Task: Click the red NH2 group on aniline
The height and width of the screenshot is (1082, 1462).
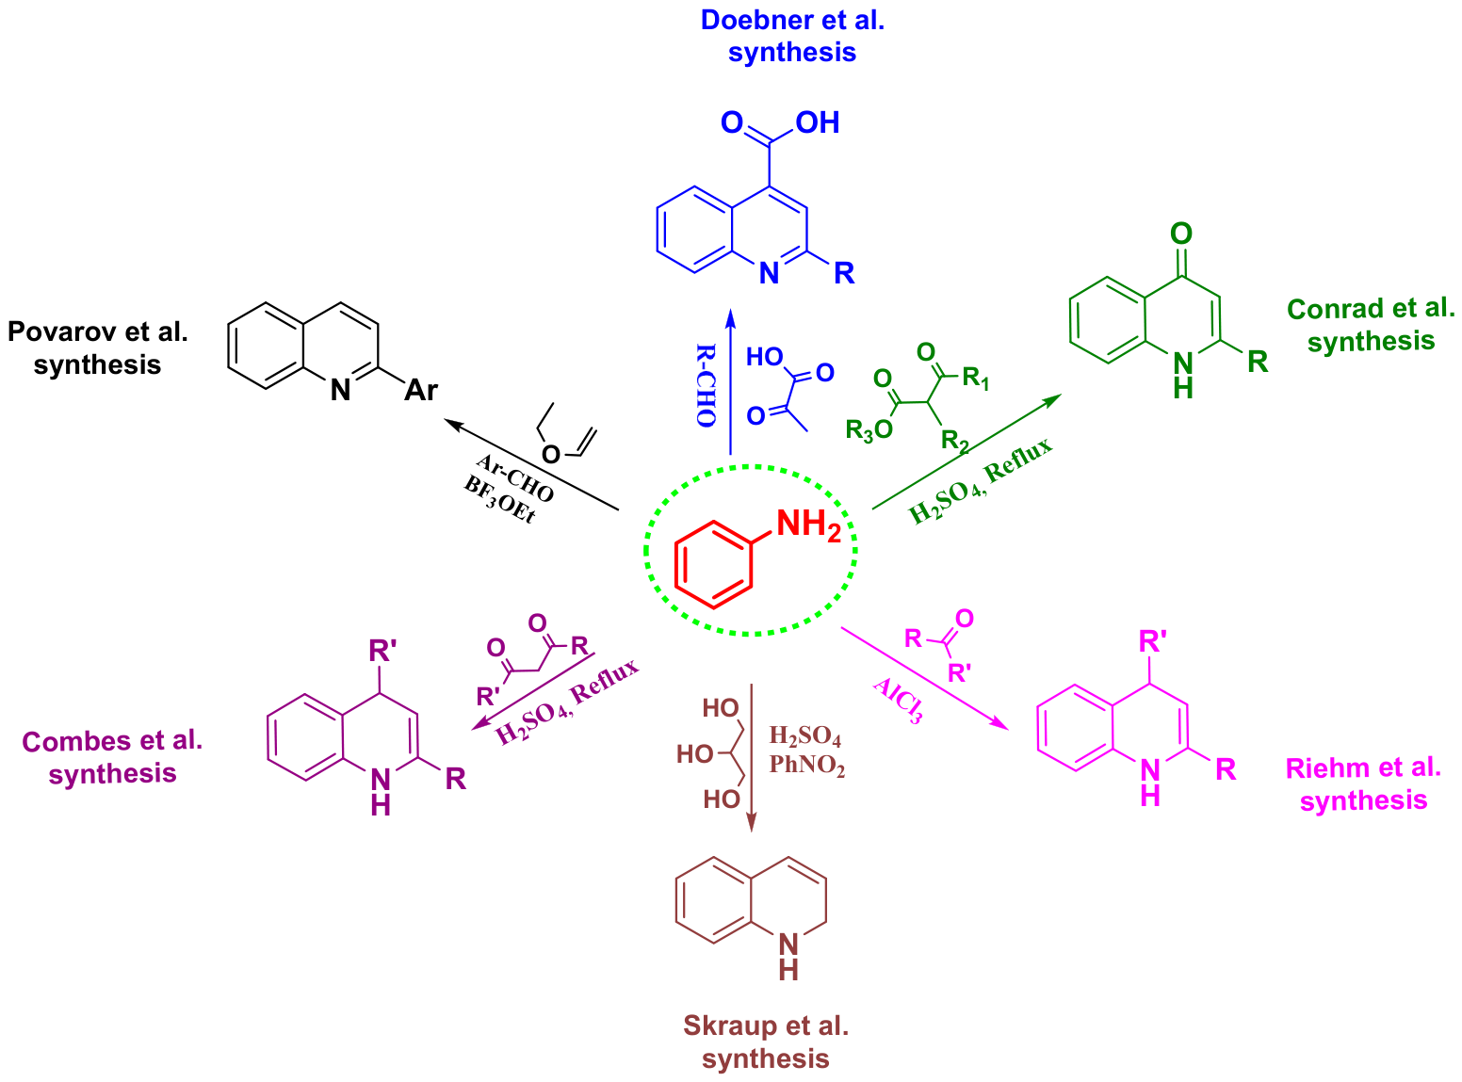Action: click(x=809, y=525)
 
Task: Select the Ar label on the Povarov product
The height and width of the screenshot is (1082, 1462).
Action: click(x=421, y=390)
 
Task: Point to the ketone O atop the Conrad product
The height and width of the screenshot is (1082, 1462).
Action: click(x=1181, y=234)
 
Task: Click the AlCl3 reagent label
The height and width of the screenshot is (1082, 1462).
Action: click(x=899, y=701)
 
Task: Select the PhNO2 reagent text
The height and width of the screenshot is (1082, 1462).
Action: click(x=806, y=766)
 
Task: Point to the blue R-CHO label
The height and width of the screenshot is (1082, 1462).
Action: click(x=706, y=385)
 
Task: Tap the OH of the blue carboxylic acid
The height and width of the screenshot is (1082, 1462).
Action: click(x=818, y=122)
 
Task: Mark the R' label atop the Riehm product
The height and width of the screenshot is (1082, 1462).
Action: click(x=1153, y=641)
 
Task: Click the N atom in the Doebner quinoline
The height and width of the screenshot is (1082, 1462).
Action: click(x=770, y=273)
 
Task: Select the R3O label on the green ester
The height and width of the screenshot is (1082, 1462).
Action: click(x=869, y=430)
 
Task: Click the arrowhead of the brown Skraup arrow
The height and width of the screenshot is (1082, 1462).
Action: click(x=751, y=823)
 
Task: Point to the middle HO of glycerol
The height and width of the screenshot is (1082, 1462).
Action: click(x=695, y=754)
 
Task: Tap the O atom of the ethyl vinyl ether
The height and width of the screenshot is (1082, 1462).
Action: click(x=551, y=454)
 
